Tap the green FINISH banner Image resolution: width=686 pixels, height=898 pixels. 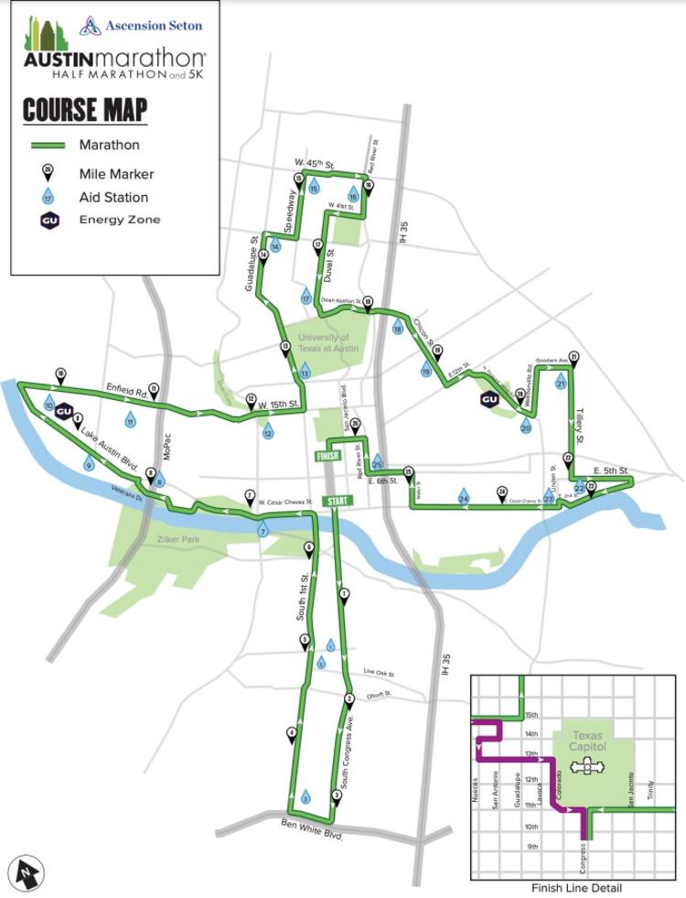(327, 456)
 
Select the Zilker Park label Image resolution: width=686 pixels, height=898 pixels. (177, 540)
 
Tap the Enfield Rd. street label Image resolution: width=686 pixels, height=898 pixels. (126, 389)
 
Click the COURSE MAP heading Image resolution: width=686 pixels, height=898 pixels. (84, 111)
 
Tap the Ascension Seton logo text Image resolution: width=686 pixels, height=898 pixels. (153, 26)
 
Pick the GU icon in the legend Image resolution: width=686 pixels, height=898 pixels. (49, 220)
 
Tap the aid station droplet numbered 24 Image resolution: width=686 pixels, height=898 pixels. (464, 497)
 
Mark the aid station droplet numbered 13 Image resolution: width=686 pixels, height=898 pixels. (305, 372)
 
